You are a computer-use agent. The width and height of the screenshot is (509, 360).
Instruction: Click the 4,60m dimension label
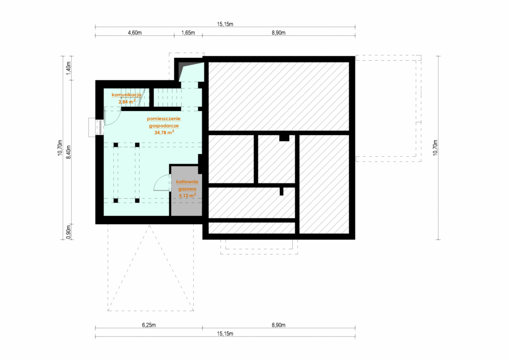[x=135, y=33]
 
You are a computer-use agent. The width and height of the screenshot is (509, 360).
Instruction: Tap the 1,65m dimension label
[x=188, y=33]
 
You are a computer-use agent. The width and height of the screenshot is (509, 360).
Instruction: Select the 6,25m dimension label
[x=149, y=325]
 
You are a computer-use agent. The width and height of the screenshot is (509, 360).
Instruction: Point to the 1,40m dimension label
[x=69, y=69]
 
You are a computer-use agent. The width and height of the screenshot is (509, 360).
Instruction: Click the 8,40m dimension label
[x=69, y=152]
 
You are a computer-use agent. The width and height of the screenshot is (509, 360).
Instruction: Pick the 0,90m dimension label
[x=69, y=232]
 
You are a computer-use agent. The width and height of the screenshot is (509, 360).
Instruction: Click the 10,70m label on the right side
[x=435, y=148]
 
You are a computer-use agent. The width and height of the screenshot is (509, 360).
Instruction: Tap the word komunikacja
[x=126, y=95]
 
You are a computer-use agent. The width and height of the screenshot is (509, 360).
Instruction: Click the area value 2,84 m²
[x=127, y=101]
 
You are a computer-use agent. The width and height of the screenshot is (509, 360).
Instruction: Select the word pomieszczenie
[x=164, y=119]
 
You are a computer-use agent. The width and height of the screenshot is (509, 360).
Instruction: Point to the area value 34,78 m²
[x=164, y=132]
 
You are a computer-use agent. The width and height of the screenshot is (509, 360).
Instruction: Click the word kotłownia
[x=187, y=182]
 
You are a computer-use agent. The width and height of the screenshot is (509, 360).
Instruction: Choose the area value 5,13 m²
[x=187, y=195]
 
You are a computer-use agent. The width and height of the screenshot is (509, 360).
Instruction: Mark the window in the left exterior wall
[x=96, y=128]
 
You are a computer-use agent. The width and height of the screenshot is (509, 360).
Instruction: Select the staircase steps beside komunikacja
[x=167, y=97]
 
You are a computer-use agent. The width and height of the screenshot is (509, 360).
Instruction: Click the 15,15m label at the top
[x=225, y=24]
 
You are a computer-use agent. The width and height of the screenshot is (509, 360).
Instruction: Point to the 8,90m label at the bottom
[x=278, y=325]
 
